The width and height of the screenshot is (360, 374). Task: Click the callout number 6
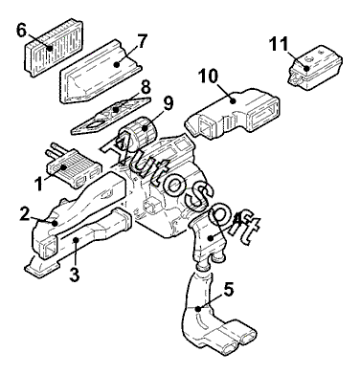point(21,31)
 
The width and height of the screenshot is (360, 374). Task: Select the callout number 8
point(146,87)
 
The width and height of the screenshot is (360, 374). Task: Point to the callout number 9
point(168,103)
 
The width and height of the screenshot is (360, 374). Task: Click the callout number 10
point(208,76)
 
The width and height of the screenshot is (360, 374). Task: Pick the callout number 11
point(279,44)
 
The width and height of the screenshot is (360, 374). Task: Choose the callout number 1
point(39,184)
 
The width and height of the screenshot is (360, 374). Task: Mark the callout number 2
point(25,214)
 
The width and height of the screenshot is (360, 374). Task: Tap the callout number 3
point(74,275)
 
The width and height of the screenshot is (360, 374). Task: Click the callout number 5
point(229,289)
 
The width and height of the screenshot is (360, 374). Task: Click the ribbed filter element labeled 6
point(54,48)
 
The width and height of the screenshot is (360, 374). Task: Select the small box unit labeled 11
point(315,68)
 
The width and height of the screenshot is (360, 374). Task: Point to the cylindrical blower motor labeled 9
point(140,133)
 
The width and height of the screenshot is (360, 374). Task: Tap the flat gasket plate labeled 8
point(111,116)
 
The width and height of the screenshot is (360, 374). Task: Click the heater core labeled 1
point(75,165)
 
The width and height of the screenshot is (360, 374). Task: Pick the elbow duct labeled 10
point(233,112)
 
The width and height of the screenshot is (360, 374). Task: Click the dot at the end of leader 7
point(117,64)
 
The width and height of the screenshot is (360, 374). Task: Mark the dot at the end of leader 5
point(198,309)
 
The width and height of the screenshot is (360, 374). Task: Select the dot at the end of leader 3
point(76,239)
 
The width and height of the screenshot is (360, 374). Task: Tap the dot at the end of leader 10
point(234,101)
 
